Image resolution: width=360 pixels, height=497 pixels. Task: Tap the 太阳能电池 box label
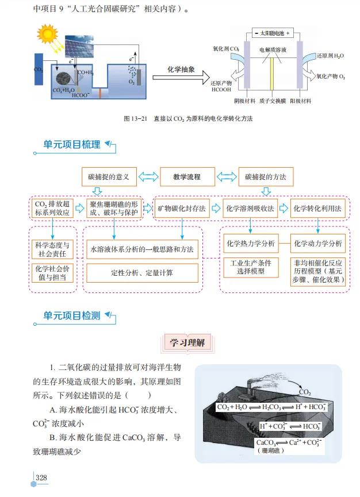pos(272,33)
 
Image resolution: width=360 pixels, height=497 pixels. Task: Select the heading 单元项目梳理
pos(72,144)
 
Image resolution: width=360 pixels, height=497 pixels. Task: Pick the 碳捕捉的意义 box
pos(109,177)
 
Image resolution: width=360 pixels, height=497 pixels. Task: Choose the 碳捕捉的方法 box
pos(265,177)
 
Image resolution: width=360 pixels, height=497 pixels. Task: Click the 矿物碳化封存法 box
pos(182,209)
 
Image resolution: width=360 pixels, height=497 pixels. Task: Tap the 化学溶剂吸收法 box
pos(250,209)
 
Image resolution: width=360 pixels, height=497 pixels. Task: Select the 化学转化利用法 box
pos(318,209)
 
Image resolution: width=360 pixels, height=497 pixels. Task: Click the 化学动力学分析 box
pos(318,244)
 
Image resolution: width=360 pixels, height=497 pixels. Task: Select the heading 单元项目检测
pos(72,315)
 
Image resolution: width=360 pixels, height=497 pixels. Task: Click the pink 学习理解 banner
pos(185,343)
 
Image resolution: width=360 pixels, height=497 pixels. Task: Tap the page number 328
pos(41,478)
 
